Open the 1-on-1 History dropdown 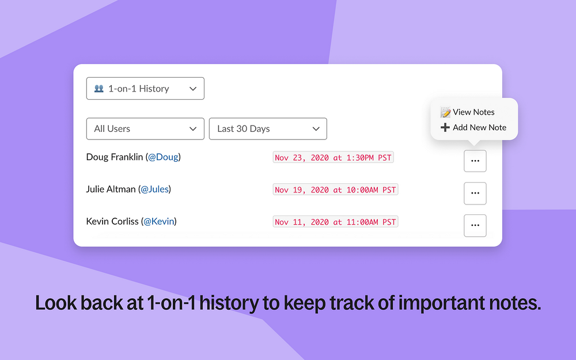click(145, 89)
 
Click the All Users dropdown click(145, 129)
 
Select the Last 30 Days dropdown click(268, 129)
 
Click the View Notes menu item click(468, 112)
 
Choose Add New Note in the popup click(473, 127)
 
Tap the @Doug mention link click(163, 157)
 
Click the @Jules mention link click(154, 189)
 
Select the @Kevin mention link click(159, 222)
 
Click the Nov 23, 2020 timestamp click(333, 158)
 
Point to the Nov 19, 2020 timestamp click(335, 190)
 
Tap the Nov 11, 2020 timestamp click(335, 222)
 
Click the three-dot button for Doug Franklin click(475, 161)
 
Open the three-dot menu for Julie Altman click(475, 193)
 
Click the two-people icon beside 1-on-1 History click(99, 89)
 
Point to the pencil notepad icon click(445, 112)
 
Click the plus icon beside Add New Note click(445, 127)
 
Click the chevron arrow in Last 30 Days click(316, 129)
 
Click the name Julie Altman click(111, 189)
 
